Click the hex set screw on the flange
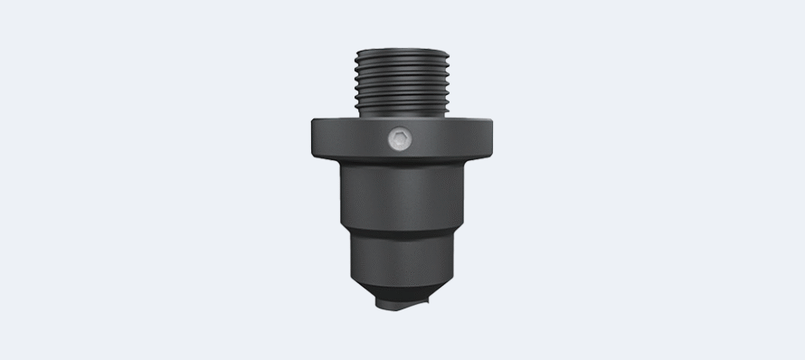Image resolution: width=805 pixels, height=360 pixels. coord(398,140)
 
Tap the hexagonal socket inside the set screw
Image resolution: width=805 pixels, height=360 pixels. coord(398,140)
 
